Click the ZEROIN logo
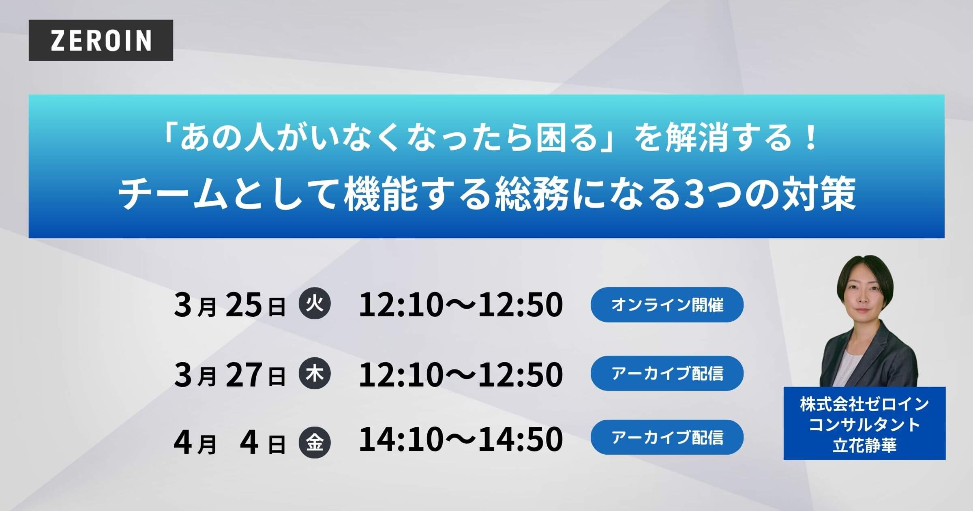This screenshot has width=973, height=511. pos(101,40)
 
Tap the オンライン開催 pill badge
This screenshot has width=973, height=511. pos(667,305)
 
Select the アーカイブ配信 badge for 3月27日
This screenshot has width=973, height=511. pos(667,373)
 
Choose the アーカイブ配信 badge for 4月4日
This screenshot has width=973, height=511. pos(667,437)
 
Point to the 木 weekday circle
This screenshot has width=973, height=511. pos(314,373)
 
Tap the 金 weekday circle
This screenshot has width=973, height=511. pos(314,442)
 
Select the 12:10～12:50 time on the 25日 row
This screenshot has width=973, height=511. pos(461,305)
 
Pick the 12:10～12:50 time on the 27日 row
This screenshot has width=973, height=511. pos(461,374)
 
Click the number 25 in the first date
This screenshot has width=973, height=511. pos(244,305)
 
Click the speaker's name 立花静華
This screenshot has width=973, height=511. pos(864,446)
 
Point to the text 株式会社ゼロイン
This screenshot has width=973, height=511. pos(864,404)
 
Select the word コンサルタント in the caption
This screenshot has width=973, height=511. pos(864,425)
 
